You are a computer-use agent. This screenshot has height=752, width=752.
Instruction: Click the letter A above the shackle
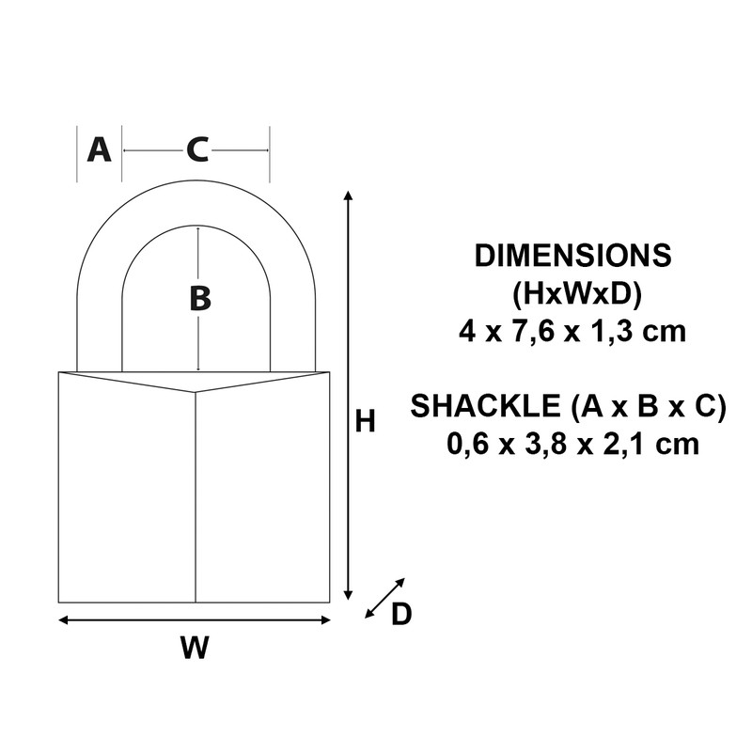click(99, 149)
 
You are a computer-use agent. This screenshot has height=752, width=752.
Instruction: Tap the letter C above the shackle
click(196, 149)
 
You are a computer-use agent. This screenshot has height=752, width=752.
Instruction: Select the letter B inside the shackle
click(199, 299)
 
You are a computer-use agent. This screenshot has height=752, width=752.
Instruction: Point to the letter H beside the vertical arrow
click(366, 422)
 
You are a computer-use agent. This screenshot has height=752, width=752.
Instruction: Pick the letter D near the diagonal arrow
click(401, 614)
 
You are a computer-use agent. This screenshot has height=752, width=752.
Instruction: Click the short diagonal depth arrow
click(384, 598)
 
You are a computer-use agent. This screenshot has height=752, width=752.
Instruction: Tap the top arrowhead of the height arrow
click(349, 195)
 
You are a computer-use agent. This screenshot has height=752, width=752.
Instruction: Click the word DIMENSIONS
click(572, 256)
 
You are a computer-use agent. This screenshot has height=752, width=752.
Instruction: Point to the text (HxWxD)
click(573, 293)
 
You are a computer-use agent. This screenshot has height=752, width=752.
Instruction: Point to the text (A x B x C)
click(649, 406)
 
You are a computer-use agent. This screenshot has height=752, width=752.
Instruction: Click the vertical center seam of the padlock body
click(196, 498)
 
